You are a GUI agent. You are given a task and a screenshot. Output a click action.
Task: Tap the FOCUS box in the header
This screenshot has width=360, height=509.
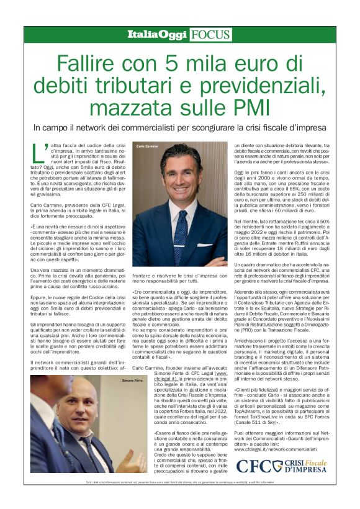tap(210, 35)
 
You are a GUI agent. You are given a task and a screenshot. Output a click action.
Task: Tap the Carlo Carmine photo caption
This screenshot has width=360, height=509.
tap(143, 147)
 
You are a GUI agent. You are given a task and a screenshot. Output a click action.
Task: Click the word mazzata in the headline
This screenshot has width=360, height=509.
tap(142, 109)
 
